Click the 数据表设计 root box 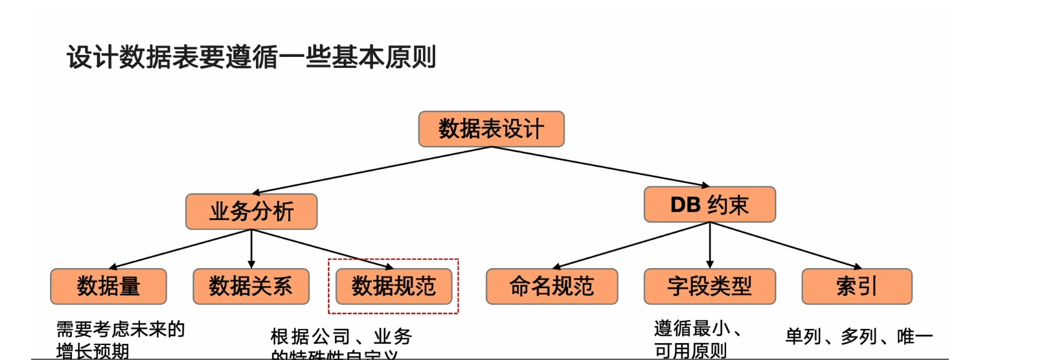491,129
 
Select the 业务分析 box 251,211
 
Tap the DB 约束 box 709,205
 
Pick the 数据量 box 108,286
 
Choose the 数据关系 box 251,286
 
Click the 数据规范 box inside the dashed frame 393,286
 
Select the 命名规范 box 552,286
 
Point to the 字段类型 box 709,286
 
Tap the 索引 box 856,286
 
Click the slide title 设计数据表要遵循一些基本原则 251,57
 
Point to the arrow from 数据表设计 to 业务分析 372,170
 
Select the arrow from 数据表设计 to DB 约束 600,167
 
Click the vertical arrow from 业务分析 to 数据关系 251,249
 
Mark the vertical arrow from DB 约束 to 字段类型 710,245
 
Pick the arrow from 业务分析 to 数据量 180,249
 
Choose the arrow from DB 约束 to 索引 786,245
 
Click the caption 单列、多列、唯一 859,337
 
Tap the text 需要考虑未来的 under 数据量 120,330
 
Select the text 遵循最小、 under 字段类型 697,329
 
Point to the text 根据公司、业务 341,337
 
